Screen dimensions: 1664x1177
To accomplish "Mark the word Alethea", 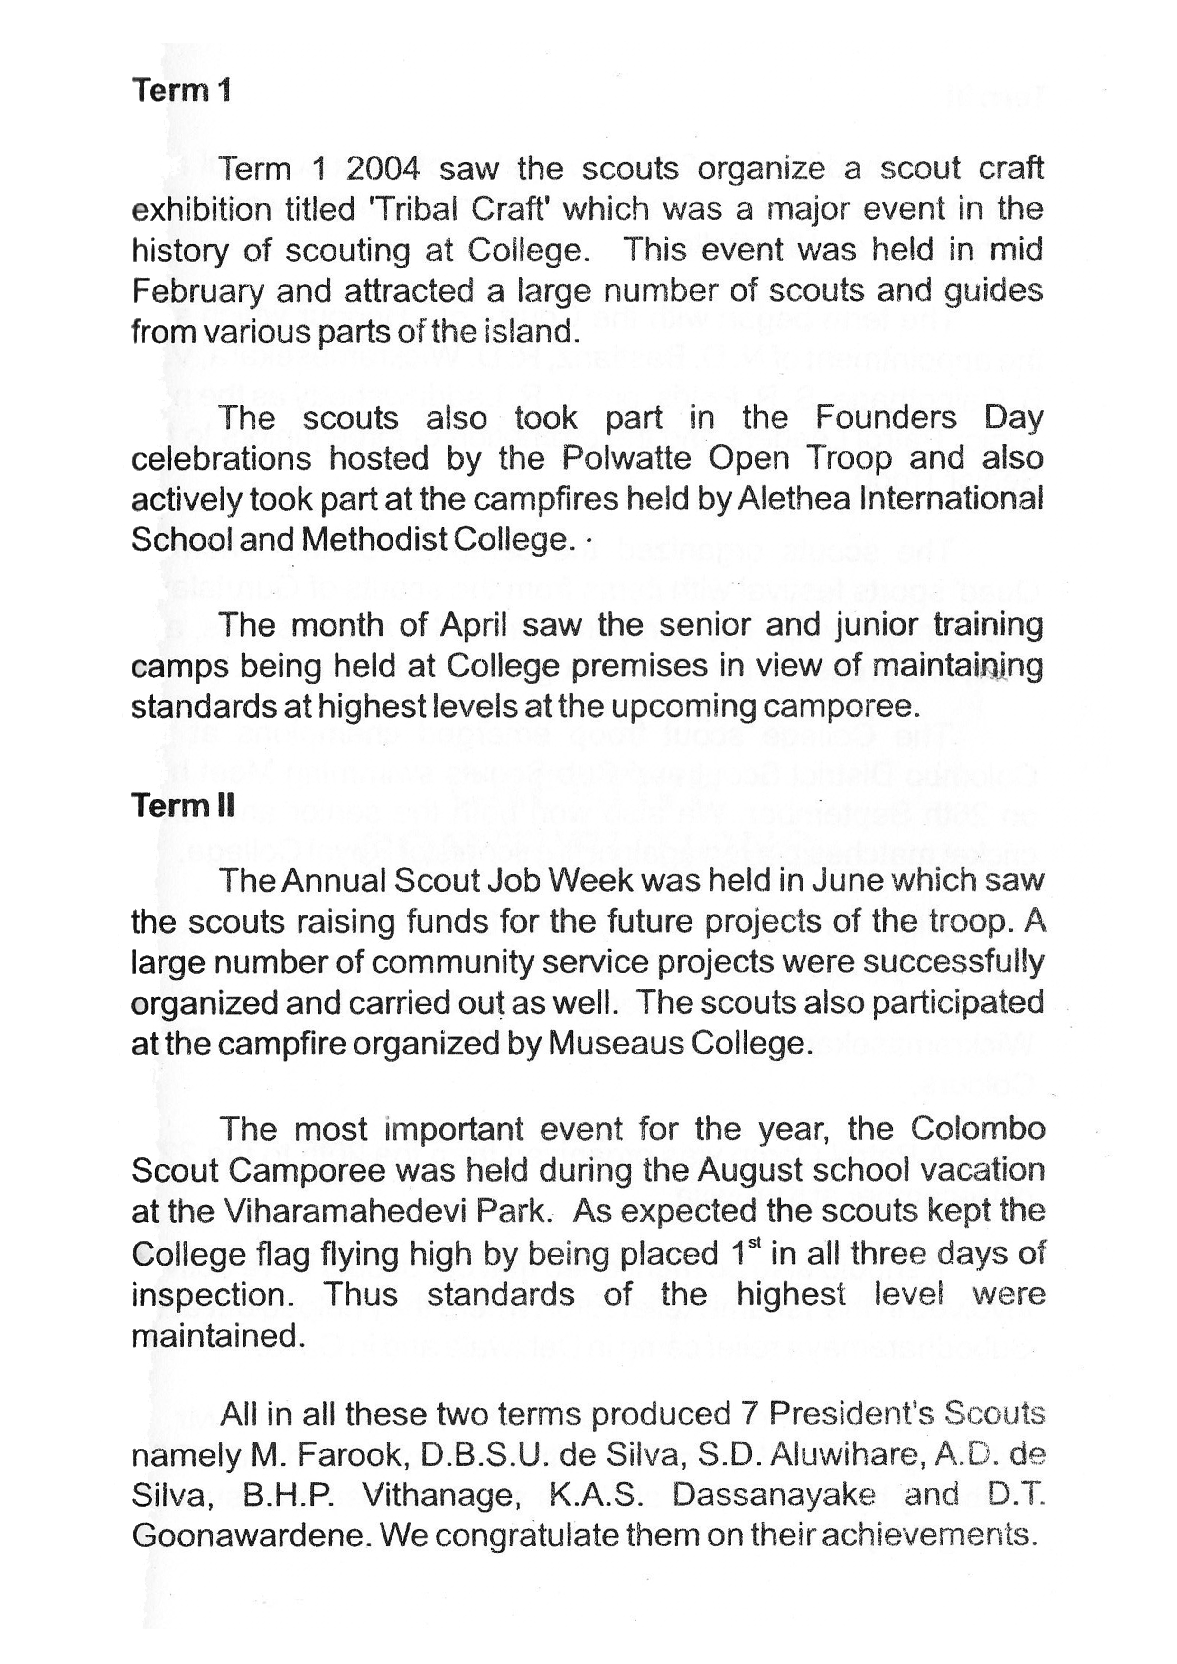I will click(x=794, y=499).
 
